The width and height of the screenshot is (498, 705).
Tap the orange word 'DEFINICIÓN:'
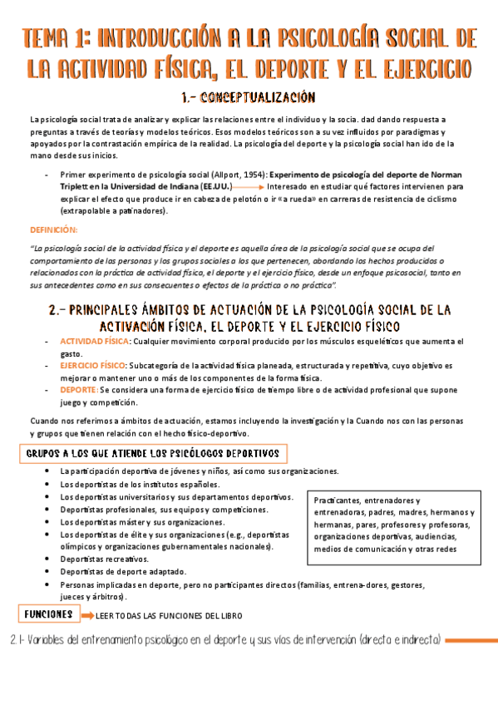[53, 229]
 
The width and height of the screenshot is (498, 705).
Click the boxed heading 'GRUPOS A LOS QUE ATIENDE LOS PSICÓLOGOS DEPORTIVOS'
[153, 454]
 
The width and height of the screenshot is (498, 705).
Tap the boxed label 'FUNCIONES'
[47, 614]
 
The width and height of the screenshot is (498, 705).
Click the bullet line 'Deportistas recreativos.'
[105, 560]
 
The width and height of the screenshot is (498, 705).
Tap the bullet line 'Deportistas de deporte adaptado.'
[123, 572]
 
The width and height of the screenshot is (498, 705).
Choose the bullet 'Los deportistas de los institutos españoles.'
[140, 484]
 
